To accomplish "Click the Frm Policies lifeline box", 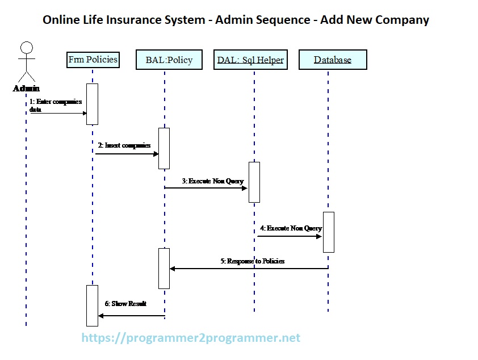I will (x=93, y=60).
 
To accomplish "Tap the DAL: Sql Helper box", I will (x=250, y=60).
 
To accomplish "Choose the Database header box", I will (x=333, y=60).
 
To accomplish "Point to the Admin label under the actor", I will (x=26, y=88).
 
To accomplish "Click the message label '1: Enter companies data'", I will (x=55, y=106).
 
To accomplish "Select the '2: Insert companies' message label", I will (x=124, y=145).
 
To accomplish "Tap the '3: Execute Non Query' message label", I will (x=212, y=181).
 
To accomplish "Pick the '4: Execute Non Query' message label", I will (x=291, y=228).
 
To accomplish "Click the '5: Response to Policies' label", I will (x=252, y=261).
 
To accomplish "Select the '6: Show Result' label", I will (x=125, y=304).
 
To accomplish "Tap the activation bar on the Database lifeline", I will (x=328, y=232).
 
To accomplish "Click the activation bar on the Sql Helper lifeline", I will (x=254, y=182).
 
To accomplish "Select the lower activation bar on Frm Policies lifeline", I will (x=92, y=305).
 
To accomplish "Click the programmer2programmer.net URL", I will (x=191, y=338).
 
